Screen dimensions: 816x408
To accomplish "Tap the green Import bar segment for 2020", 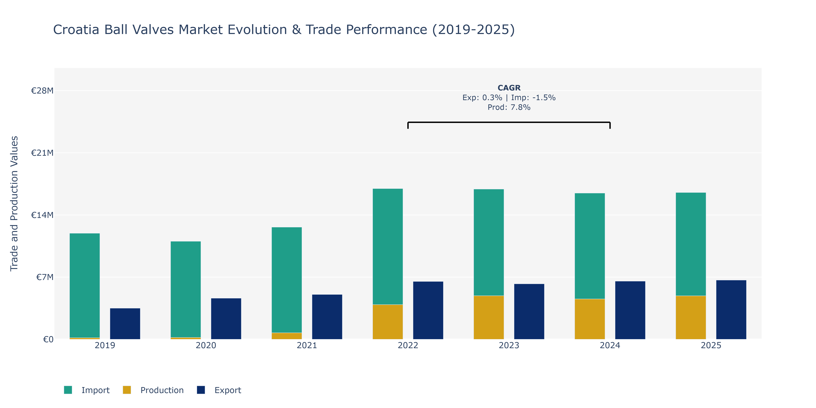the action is tap(186, 289).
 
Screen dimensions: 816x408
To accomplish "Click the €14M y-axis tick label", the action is tap(42, 215).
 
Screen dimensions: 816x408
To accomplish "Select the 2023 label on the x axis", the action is tap(509, 345).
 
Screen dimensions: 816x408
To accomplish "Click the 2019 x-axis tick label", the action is tap(105, 345).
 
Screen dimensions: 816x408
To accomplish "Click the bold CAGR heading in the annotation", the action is tap(509, 88).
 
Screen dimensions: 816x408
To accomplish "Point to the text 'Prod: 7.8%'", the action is tap(509, 107).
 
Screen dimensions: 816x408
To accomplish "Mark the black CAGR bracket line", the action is tap(509, 122).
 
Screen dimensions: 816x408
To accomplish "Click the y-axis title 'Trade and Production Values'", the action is tap(14, 204).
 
